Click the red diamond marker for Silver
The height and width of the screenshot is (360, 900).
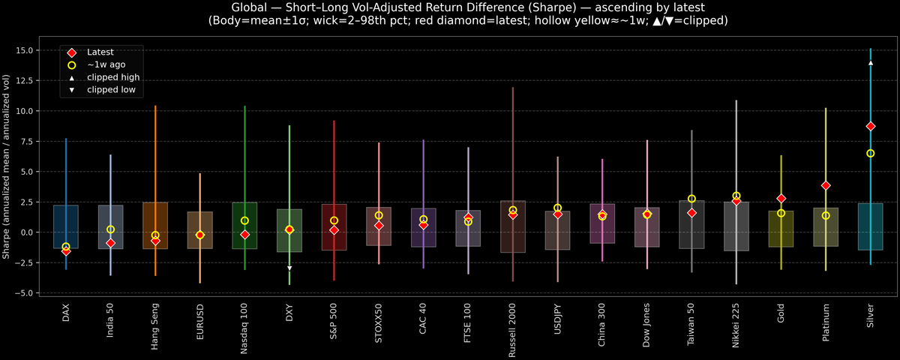[870, 126]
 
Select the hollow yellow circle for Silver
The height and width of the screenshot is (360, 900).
[870, 153]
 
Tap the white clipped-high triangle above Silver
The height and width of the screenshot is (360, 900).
[870, 63]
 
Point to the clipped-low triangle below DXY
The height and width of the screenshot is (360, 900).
[289, 268]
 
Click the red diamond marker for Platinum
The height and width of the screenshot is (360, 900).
[826, 185]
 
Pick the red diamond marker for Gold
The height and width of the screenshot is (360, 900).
[781, 198]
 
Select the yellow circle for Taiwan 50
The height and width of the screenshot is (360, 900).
[691, 199]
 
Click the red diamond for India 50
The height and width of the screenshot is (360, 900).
[110, 243]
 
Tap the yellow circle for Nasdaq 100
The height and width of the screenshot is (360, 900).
[244, 220]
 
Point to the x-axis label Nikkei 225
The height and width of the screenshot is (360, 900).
[736, 325]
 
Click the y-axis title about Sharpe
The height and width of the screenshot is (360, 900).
[7, 166]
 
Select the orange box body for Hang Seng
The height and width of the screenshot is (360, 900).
[155, 225]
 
